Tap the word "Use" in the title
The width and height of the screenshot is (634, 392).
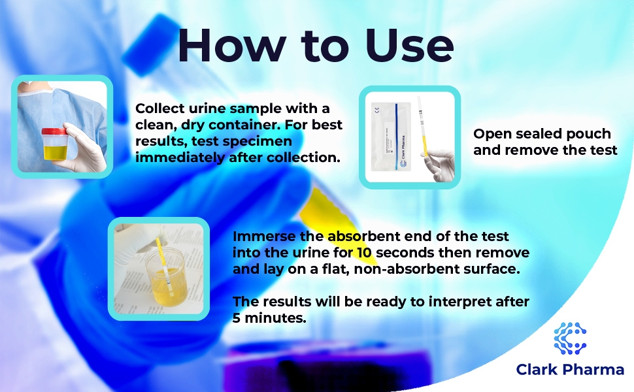[409, 45]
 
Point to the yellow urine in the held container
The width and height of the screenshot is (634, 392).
[55, 153]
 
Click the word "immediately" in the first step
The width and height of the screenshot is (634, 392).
[180, 157]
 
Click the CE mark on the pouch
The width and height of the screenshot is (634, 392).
[377, 109]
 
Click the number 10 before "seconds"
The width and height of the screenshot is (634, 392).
[364, 253]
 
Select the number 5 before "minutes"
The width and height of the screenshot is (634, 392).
[237, 318]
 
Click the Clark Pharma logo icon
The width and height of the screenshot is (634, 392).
[570, 338]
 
